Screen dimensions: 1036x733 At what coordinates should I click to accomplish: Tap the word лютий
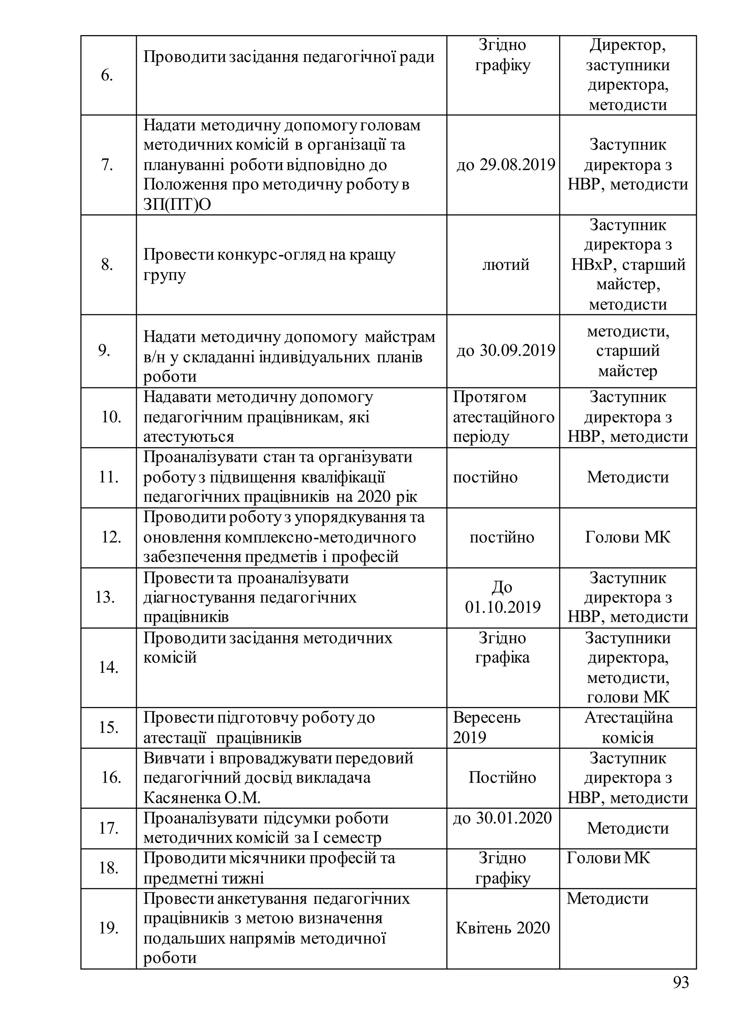point(505,264)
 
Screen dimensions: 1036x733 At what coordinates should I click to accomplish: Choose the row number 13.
point(105,597)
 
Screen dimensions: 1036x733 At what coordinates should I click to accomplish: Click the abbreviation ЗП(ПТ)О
point(177,204)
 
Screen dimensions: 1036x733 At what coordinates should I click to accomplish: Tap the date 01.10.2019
point(503,607)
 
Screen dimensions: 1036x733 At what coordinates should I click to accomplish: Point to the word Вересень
point(486,717)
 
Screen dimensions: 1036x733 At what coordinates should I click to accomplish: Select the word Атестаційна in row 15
point(628,717)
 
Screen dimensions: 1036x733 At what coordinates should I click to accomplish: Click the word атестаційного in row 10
point(503,417)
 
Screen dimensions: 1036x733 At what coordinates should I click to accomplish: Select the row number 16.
point(111,777)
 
